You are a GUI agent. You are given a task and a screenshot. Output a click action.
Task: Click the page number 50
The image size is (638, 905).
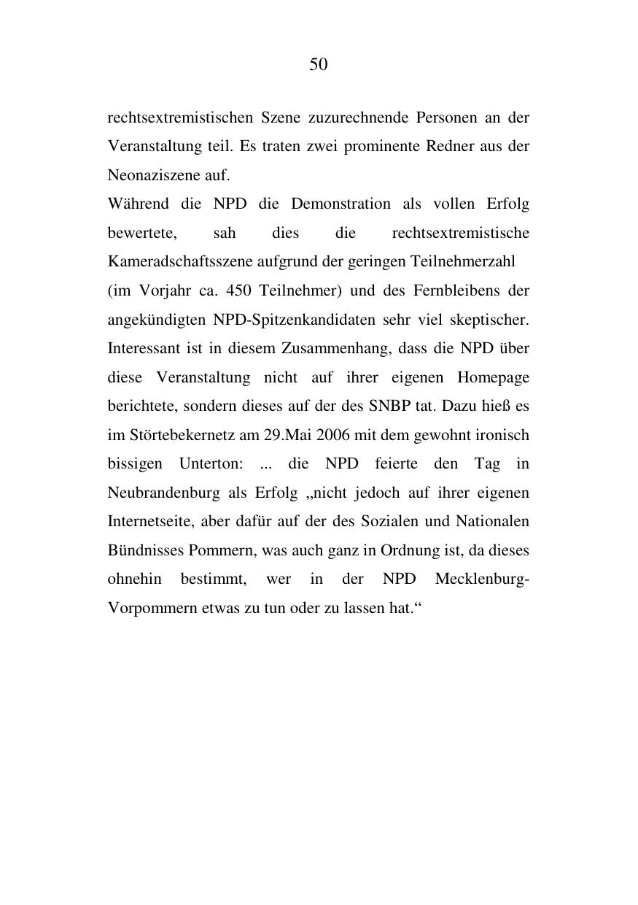[x=319, y=65]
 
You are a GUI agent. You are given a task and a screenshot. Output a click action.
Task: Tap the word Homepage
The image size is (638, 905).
[x=493, y=377]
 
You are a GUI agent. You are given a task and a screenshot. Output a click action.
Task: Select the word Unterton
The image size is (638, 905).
[x=211, y=464]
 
